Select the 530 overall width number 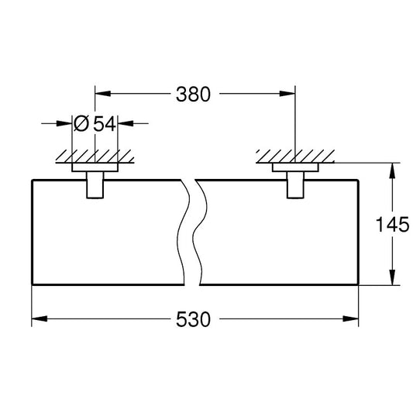[194, 319]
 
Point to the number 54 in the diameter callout [105, 122]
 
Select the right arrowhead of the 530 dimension [353, 319]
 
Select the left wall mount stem [95, 186]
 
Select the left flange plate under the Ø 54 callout [95, 167]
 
